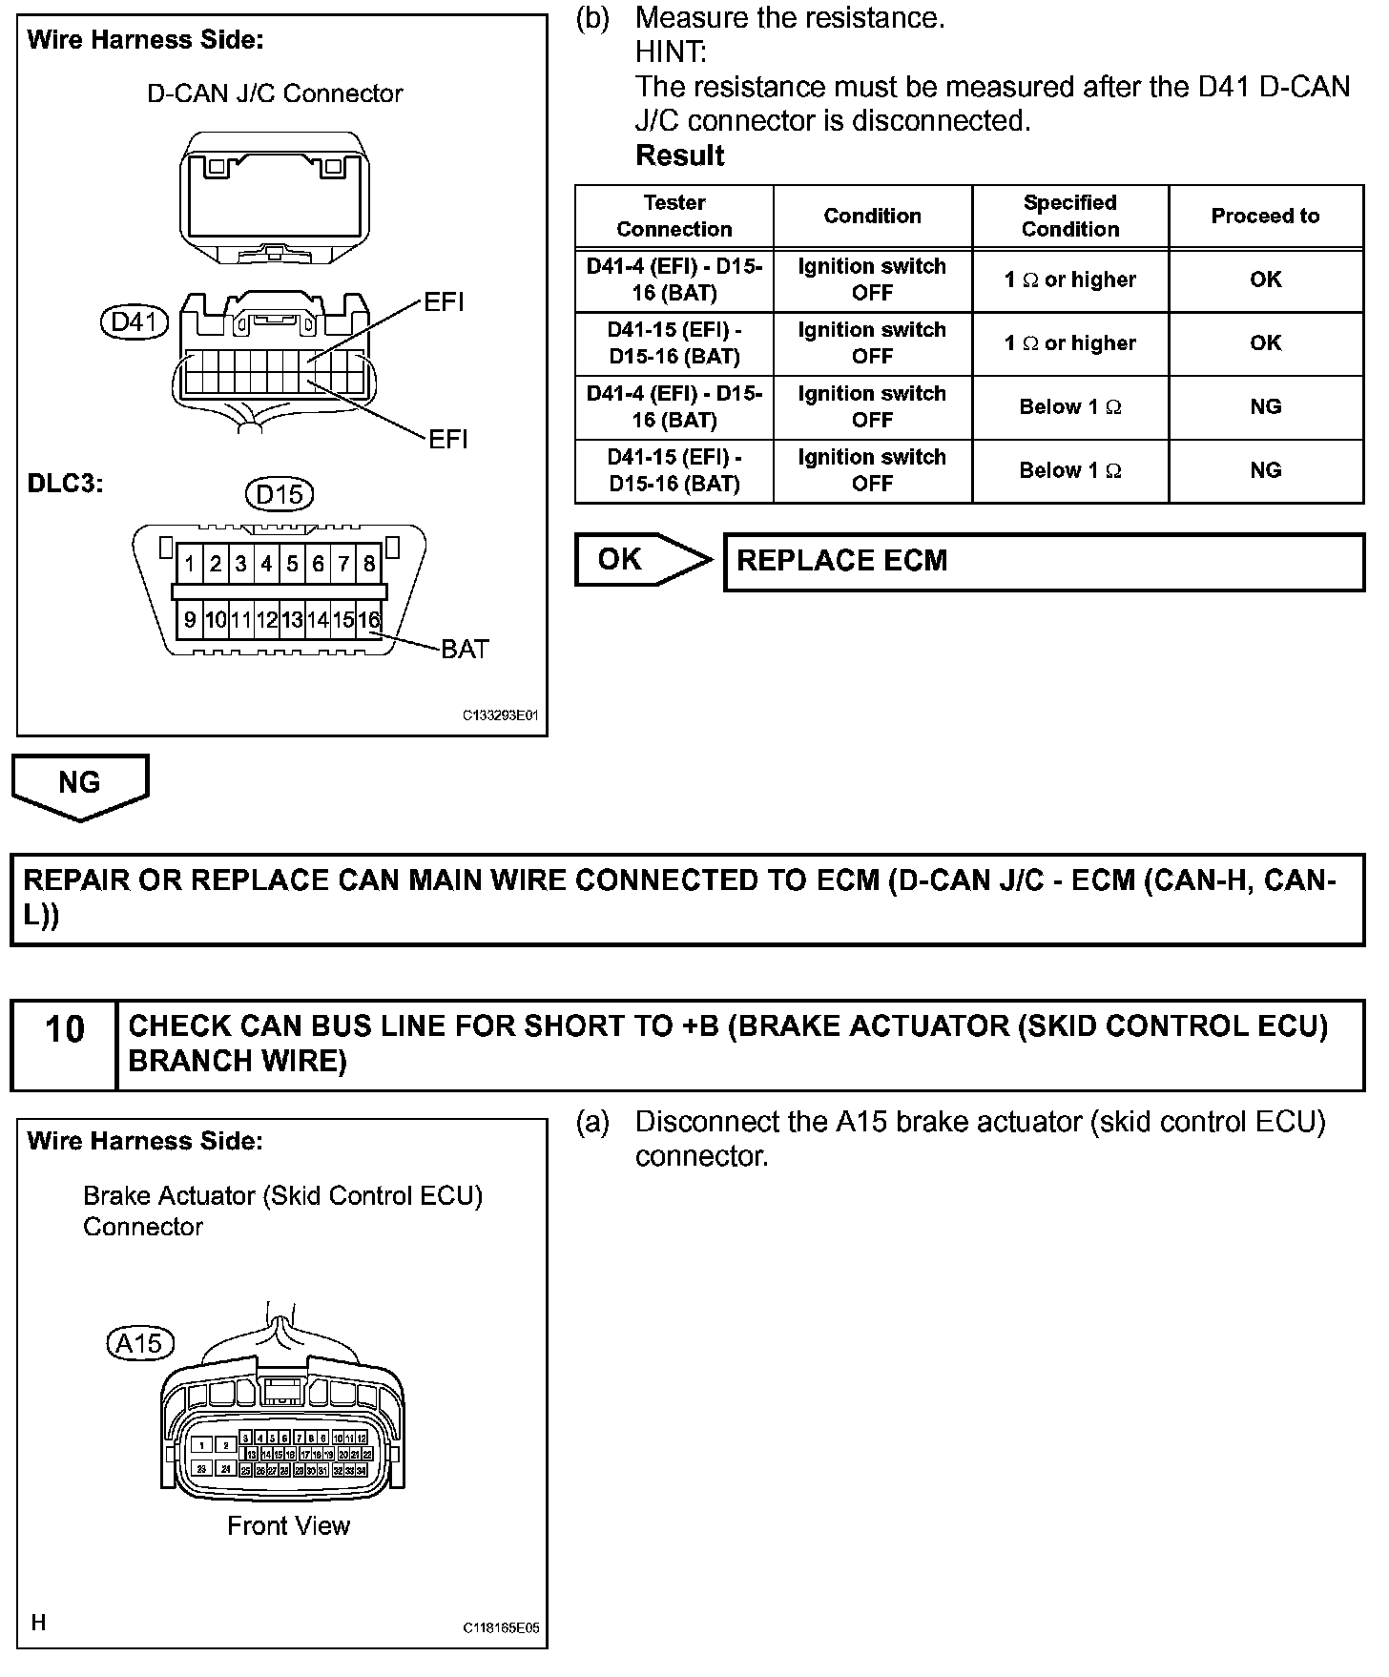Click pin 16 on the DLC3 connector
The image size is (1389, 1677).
click(x=369, y=620)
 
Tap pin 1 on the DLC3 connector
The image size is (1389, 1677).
click(x=190, y=564)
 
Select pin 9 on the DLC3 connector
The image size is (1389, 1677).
click(x=190, y=620)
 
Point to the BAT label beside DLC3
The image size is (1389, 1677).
click(x=465, y=650)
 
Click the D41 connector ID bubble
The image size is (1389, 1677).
click(x=134, y=322)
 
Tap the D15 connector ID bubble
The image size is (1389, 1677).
click(x=280, y=494)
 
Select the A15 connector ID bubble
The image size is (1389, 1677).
click(x=139, y=1343)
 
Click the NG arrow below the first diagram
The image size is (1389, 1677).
click(x=80, y=785)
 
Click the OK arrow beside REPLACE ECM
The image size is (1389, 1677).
click(x=641, y=560)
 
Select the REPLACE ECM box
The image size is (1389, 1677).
click(x=1044, y=562)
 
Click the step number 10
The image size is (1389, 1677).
click(x=65, y=1030)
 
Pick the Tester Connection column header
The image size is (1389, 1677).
click(x=674, y=217)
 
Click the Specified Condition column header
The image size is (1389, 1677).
click(x=1070, y=217)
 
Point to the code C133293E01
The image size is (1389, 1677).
click(x=501, y=714)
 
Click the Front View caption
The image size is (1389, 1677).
click(x=288, y=1526)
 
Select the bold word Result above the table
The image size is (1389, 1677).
click(x=680, y=155)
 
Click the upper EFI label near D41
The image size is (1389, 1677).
click(x=444, y=302)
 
